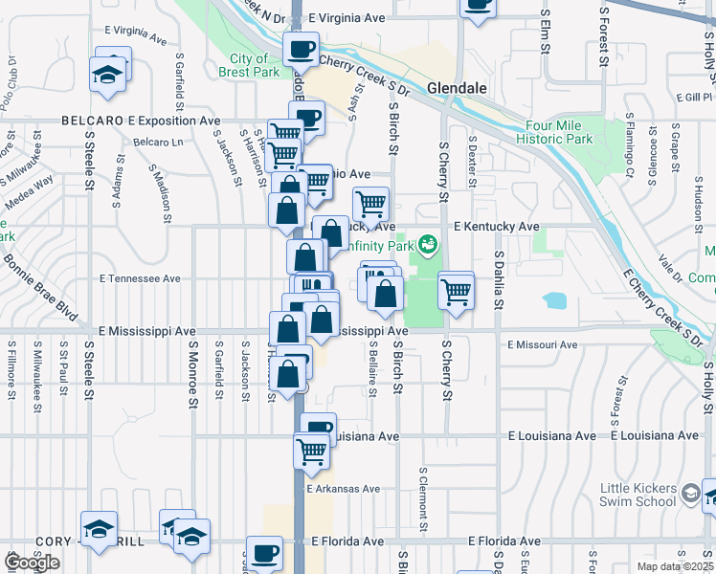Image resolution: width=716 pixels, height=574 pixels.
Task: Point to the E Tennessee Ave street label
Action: tap(140, 278)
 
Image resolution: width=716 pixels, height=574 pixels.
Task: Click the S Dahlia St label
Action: tap(499, 280)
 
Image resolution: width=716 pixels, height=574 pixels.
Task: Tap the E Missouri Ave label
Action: tap(543, 344)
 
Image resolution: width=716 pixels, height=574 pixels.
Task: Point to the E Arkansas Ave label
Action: tap(345, 488)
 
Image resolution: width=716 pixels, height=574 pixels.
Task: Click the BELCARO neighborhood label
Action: tap(91, 121)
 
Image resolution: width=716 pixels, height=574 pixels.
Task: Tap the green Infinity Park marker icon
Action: tap(427, 245)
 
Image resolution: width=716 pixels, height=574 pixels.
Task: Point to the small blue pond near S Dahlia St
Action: tap(555, 300)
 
